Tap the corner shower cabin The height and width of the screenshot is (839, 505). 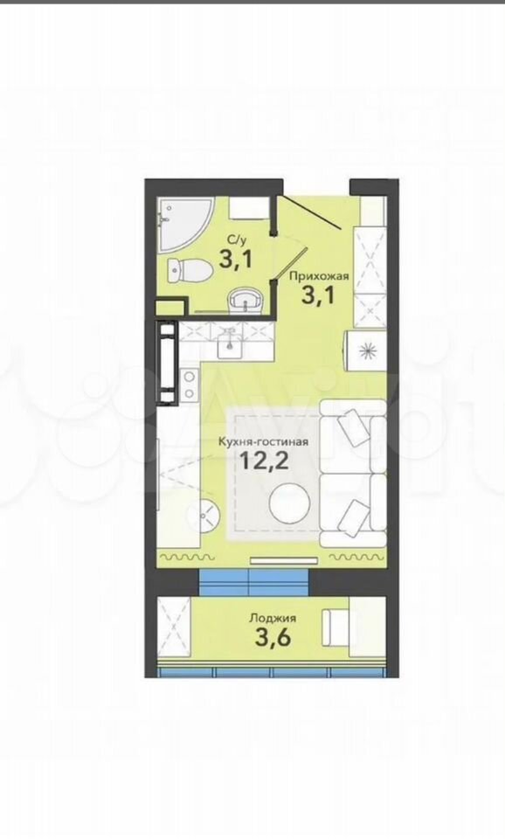(182, 221)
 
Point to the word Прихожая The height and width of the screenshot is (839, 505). (319, 276)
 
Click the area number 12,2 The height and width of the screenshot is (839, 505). (264, 460)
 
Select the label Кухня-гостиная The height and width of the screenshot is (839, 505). (263, 442)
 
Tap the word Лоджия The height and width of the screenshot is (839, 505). (273, 618)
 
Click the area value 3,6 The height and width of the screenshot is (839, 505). (273, 638)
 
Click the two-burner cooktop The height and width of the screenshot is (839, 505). (189, 385)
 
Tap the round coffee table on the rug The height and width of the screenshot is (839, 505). (290, 503)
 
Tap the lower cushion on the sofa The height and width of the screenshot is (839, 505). (354, 516)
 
